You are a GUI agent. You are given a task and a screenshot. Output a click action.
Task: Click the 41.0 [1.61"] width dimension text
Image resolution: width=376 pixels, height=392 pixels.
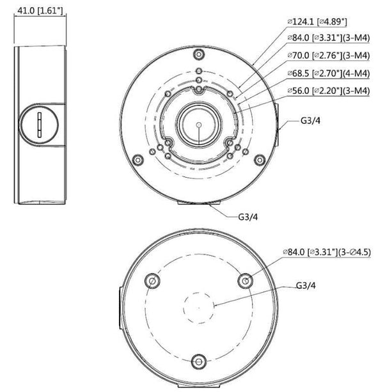tap(40, 11)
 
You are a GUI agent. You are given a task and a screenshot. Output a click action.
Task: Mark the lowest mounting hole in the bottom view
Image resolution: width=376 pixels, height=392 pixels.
tap(199, 363)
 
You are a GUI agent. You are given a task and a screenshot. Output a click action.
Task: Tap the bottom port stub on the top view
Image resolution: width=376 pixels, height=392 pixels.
tap(199, 203)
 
